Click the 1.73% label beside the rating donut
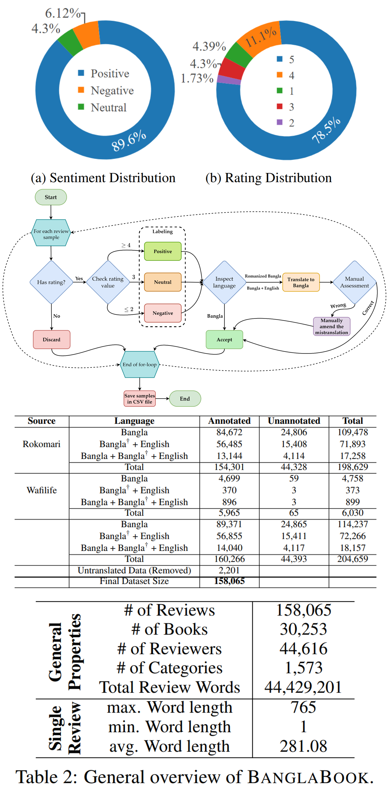pyautogui.click(x=197, y=78)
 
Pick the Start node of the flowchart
pyautogui.click(x=51, y=197)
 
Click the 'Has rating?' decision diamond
pyautogui.click(x=51, y=282)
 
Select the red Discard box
pyautogui.click(x=51, y=339)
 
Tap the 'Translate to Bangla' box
pyautogui.click(x=301, y=282)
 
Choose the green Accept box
pyautogui.click(x=224, y=339)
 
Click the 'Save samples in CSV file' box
pyautogui.click(x=140, y=399)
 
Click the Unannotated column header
pyautogui.click(x=294, y=421)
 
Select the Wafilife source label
pyautogui.click(x=42, y=490)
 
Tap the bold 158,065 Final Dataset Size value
pyautogui.click(x=229, y=581)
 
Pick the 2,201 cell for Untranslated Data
pyautogui.click(x=229, y=570)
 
